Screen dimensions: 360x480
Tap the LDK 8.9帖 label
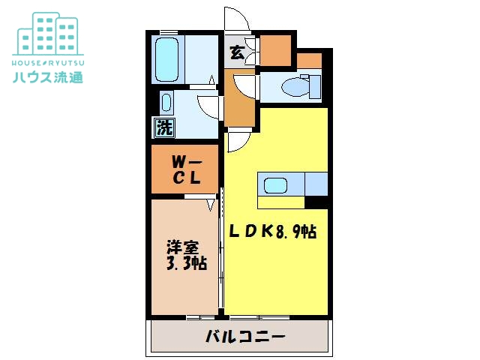[x=272, y=232]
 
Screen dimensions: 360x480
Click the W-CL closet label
[x=184, y=169]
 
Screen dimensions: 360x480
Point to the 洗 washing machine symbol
[x=163, y=127]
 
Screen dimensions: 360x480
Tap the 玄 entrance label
[x=237, y=52]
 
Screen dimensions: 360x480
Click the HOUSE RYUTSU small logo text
[x=47, y=60]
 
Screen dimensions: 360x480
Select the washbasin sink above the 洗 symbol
[x=166, y=101]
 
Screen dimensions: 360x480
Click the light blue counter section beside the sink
[x=315, y=184]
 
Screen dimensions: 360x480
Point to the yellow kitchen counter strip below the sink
[x=281, y=202]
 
